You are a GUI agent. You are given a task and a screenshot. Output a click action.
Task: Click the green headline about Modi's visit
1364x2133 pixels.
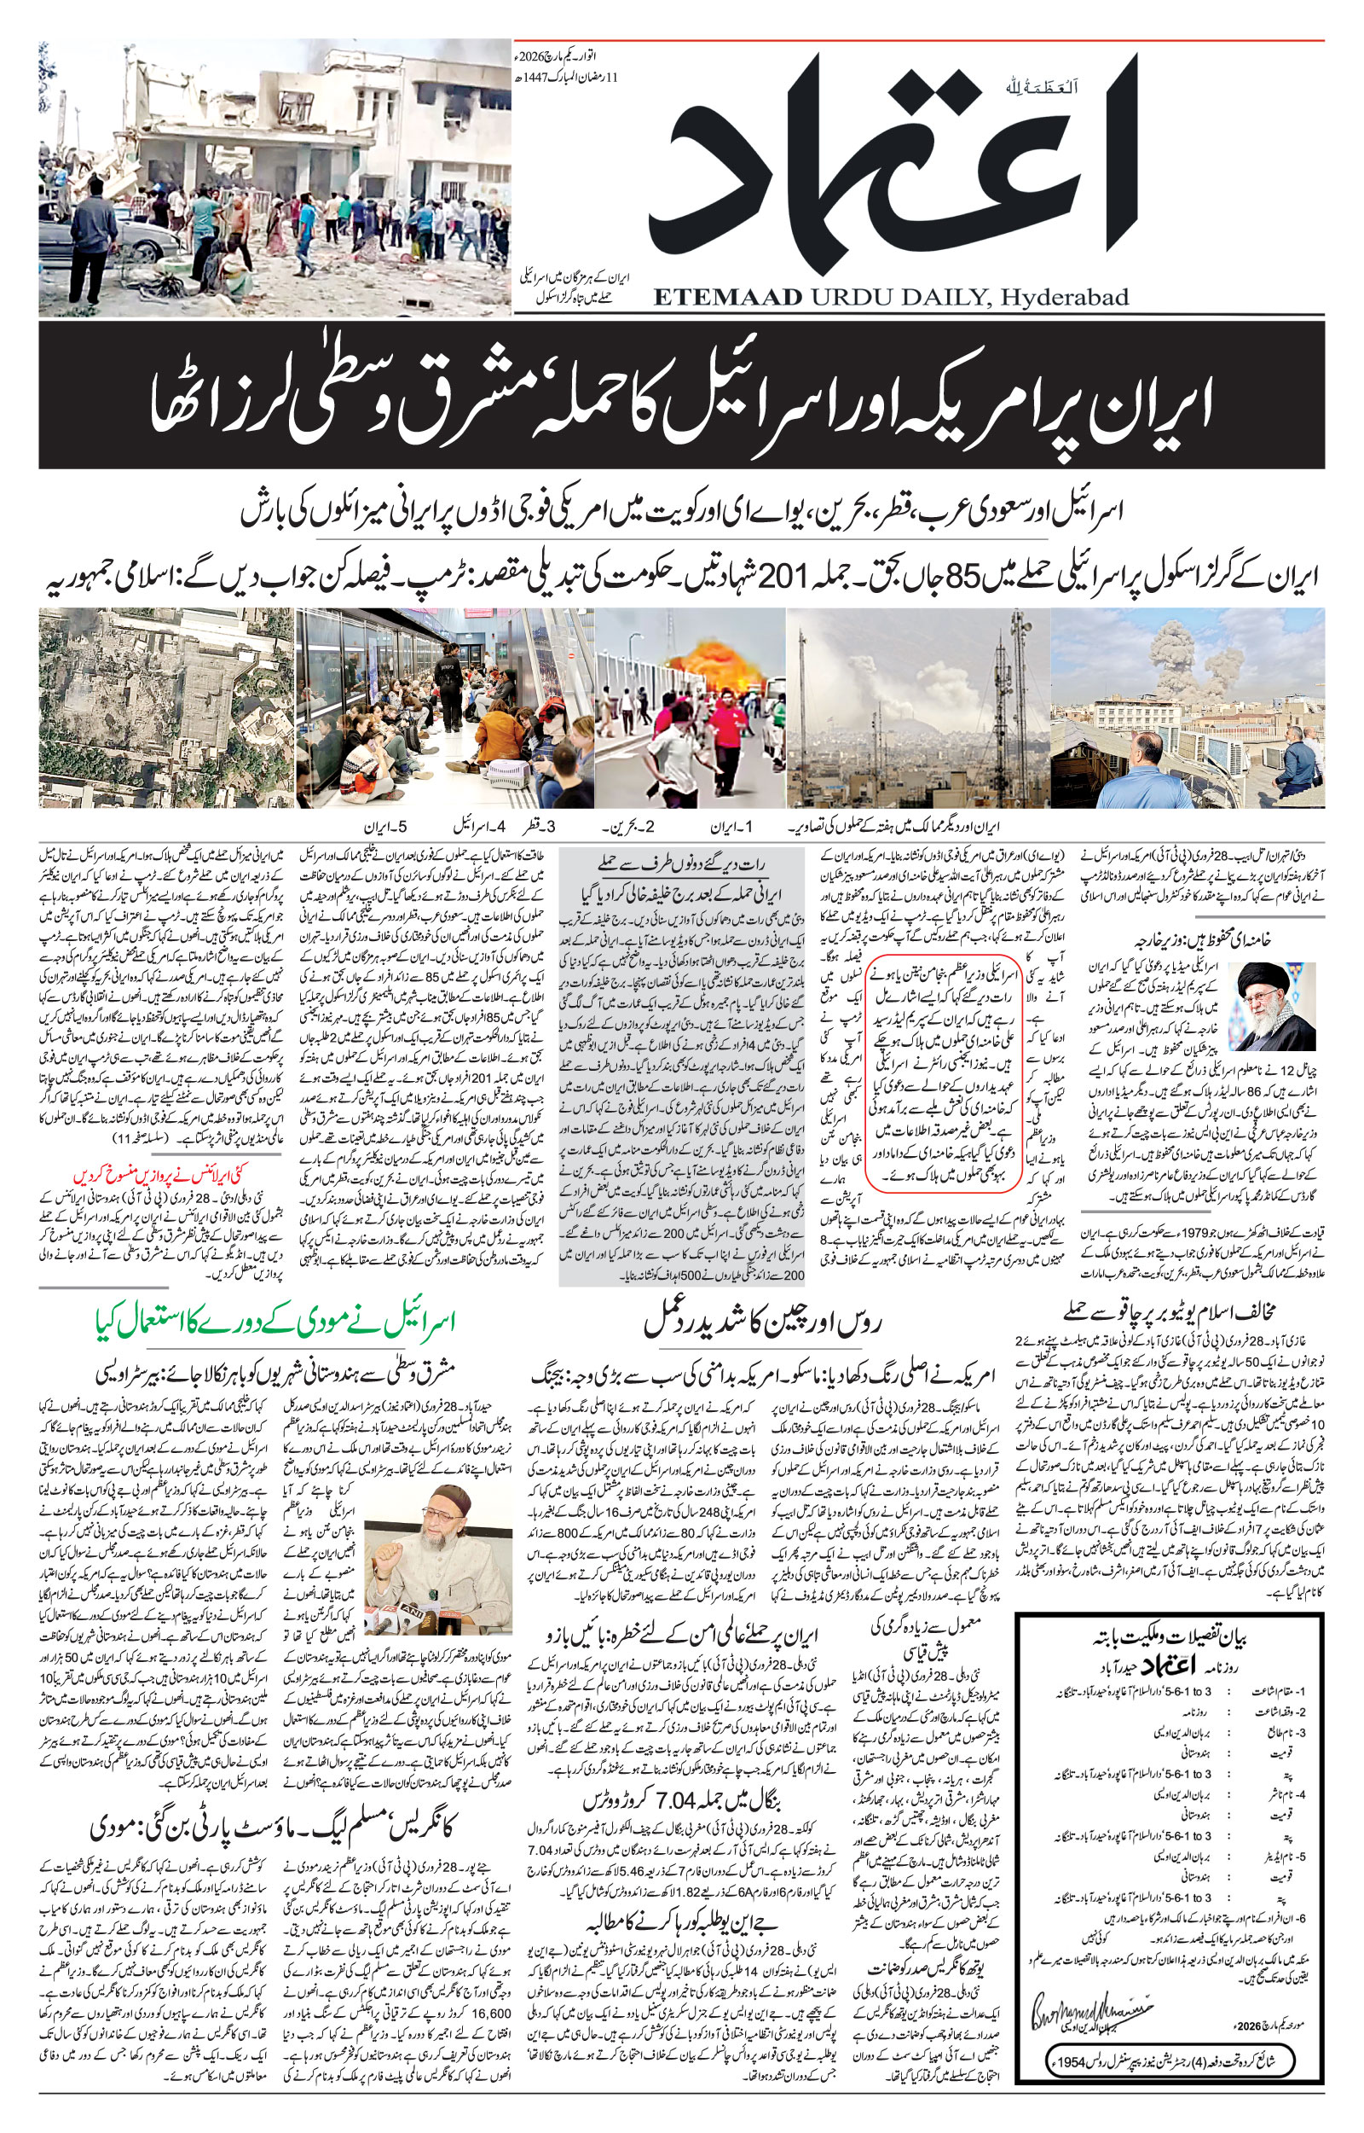pos(275,1322)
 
